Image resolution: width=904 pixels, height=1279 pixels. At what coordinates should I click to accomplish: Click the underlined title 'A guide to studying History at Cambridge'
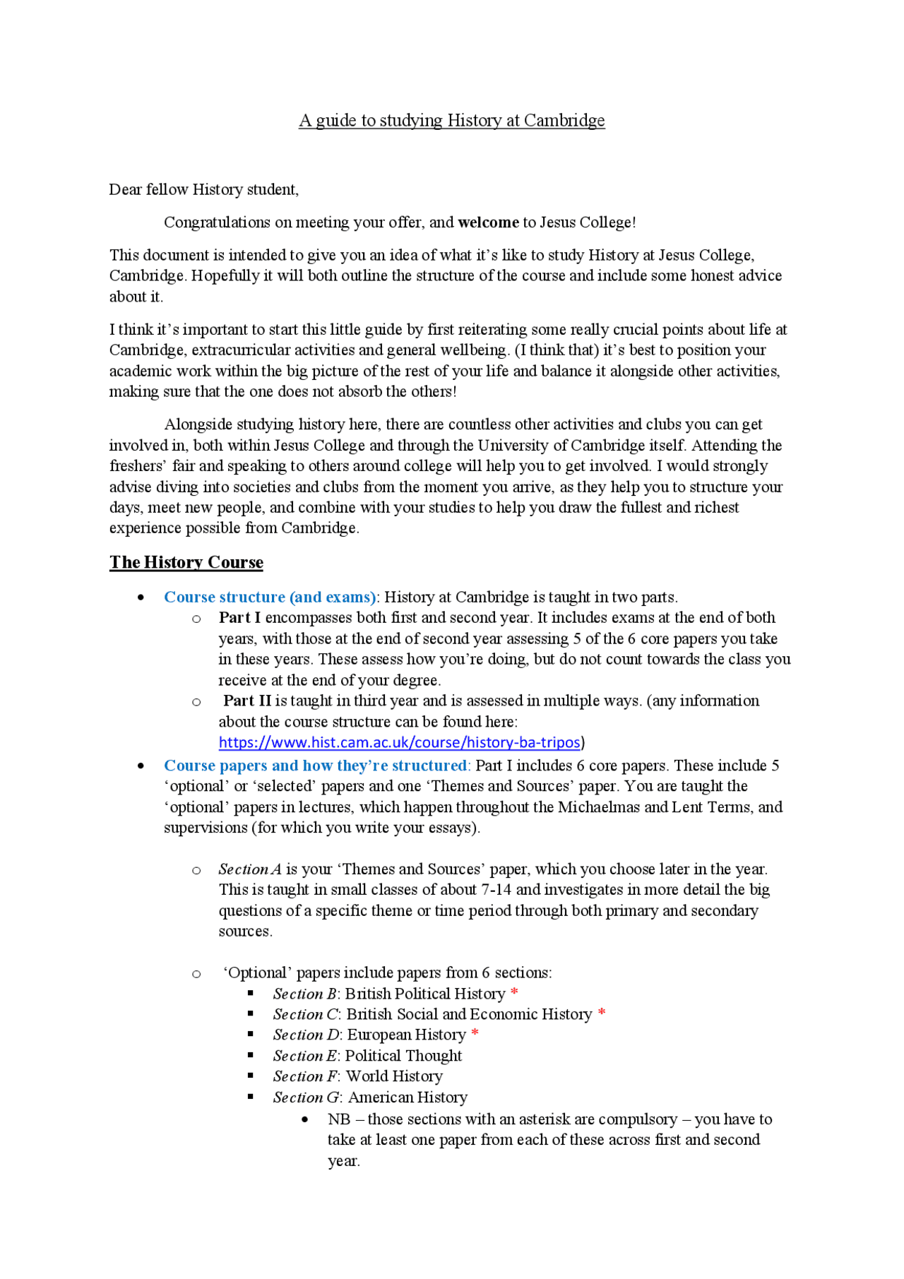point(451,121)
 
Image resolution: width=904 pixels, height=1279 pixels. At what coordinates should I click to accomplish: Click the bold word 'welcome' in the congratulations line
point(488,222)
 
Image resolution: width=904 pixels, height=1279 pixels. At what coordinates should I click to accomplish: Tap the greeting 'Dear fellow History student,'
point(203,189)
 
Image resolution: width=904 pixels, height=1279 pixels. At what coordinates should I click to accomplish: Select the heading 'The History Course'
point(186,562)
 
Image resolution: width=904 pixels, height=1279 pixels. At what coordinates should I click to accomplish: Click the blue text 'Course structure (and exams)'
point(270,597)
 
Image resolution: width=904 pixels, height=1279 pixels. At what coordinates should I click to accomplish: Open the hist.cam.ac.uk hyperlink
point(399,742)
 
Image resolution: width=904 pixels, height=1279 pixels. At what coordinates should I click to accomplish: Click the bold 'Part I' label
point(239,618)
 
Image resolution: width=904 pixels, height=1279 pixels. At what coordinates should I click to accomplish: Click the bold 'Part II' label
point(247,701)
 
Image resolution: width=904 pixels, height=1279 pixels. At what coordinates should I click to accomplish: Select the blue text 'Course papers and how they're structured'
point(315,766)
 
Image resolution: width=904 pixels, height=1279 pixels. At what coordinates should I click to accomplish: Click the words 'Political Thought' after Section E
point(403,1056)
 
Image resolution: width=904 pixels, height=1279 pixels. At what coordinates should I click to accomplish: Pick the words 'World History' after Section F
point(394,1076)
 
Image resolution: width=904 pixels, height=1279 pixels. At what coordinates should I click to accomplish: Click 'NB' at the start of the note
point(339,1119)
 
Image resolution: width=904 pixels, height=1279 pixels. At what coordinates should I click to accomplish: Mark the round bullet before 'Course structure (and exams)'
point(141,597)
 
